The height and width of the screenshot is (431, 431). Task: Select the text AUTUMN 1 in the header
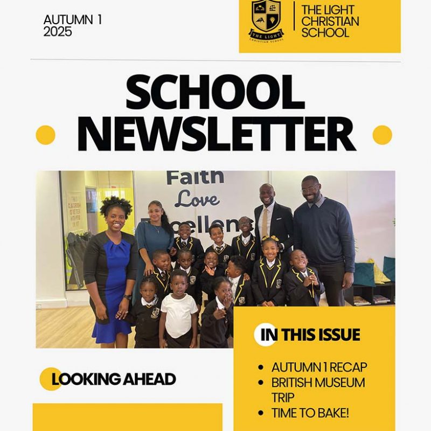(73, 20)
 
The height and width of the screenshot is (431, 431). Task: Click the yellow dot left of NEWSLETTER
(45, 135)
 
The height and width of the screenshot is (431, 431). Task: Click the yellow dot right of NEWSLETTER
(382, 135)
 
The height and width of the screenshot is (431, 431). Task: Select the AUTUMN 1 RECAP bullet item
(319, 367)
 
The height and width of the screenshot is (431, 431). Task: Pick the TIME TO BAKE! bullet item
(310, 413)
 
